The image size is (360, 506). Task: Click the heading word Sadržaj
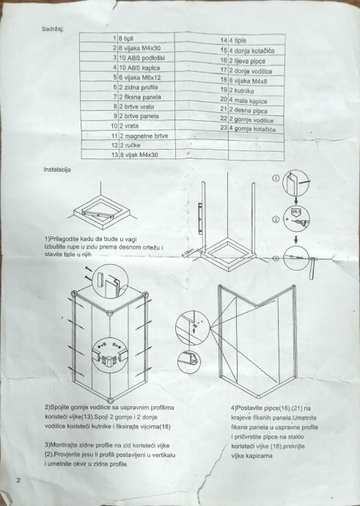click(x=53, y=29)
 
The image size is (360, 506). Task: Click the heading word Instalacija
click(x=57, y=169)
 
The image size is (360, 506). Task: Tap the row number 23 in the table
click(x=224, y=128)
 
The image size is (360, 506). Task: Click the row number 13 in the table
click(x=115, y=155)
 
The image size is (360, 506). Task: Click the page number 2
click(x=18, y=480)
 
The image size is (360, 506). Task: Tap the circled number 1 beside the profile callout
click(x=276, y=178)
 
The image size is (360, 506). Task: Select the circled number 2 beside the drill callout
click(x=276, y=220)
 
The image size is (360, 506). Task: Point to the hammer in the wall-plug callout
click(x=312, y=267)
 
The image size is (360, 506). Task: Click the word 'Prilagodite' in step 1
click(x=62, y=239)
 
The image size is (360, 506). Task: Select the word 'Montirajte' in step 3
click(x=62, y=445)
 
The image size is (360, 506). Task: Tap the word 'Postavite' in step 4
click(x=248, y=408)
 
